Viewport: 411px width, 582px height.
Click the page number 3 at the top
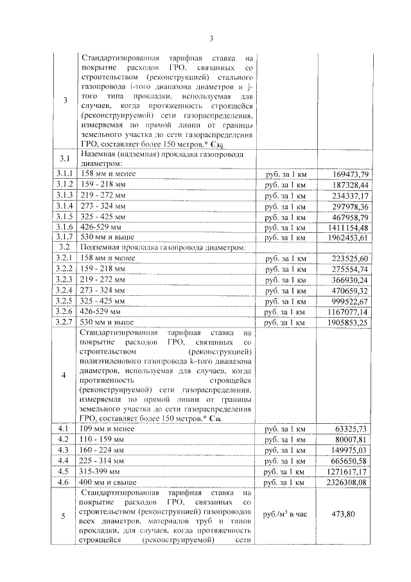click(219, 38)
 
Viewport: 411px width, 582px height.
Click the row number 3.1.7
click(64, 237)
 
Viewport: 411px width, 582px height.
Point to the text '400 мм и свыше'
click(109, 482)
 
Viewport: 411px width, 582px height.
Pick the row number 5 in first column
click(64, 515)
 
